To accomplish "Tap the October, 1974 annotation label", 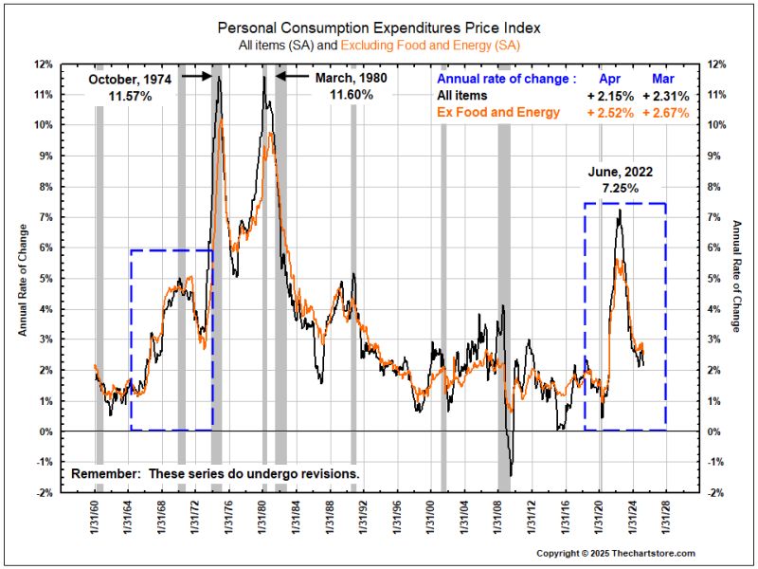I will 130,80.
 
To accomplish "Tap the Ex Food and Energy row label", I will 497,113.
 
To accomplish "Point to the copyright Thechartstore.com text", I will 616,553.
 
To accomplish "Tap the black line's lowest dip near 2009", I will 511,474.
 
